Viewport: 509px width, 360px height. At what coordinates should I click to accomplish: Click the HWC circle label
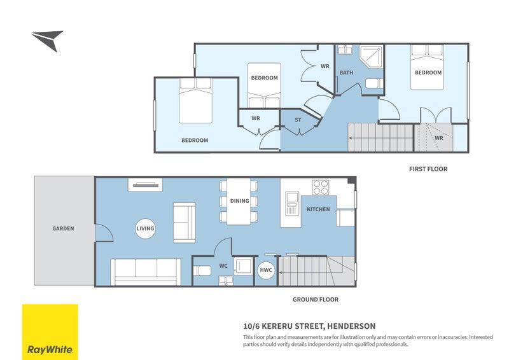pyautogui.click(x=266, y=270)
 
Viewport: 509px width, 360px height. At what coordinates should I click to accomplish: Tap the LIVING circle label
pyautogui.click(x=145, y=228)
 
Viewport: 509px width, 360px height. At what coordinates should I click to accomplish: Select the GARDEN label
pyautogui.click(x=64, y=228)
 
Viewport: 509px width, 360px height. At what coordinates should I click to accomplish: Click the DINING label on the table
pyautogui.click(x=239, y=202)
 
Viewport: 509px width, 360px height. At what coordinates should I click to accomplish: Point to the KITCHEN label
pyautogui.click(x=318, y=209)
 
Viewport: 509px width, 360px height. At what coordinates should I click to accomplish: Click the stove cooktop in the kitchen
pyautogui.click(x=320, y=187)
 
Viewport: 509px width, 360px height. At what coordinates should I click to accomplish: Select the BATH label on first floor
pyautogui.click(x=346, y=73)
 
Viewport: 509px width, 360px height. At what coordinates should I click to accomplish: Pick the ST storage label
pyautogui.click(x=298, y=120)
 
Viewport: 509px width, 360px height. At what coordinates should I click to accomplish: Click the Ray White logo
pyautogui.click(x=50, y=332)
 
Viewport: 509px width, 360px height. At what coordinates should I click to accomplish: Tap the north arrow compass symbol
pyautogui.click(x=47, y=40)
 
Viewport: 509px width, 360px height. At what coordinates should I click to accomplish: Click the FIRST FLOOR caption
pyautogui.click(x=428, y=169)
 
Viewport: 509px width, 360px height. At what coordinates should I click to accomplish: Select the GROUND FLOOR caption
pyautogui.click(x=315, y=299)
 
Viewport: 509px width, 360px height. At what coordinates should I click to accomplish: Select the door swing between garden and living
pyautogui.click(x=104, y=233)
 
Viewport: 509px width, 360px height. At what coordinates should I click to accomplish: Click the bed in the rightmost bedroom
pyautogui.click(x=428, y=70)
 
